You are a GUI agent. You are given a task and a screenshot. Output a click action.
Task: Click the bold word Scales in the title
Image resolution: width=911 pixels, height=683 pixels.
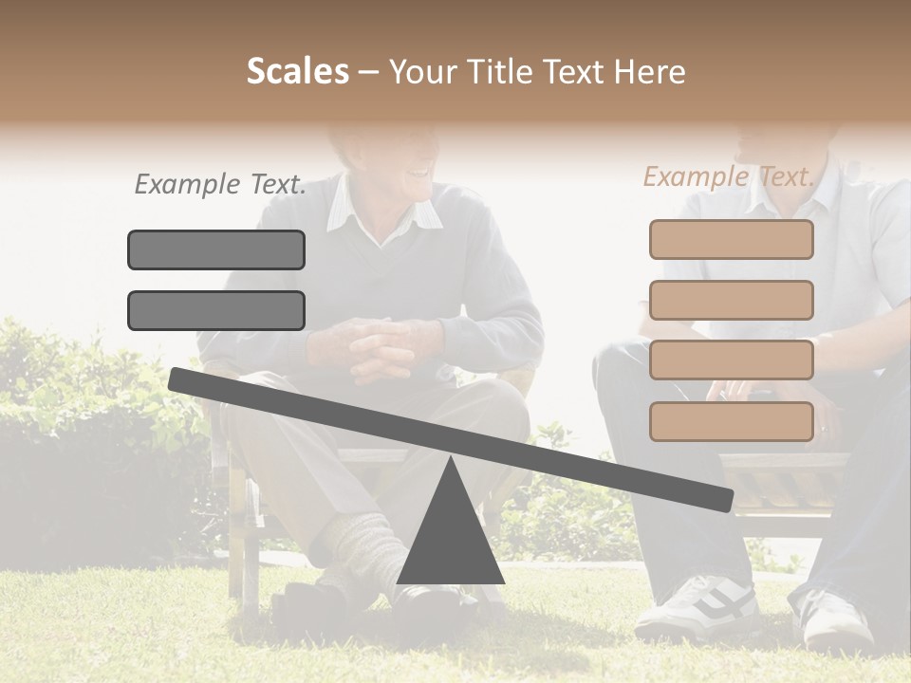pyautogui.click(x=298, y=71)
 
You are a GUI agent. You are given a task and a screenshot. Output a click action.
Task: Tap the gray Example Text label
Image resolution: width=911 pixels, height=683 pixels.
pyautogui.click(x=220, y=185)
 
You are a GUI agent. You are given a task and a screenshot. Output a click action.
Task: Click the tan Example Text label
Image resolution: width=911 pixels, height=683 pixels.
pyautogui.click(x=729, y=176)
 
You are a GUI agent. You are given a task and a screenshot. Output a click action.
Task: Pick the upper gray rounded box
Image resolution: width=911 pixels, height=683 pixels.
pyautogui.click(x=216, y=249)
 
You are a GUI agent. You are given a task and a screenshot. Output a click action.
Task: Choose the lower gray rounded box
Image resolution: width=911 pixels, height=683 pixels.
pyautogui.click(x=216, y=310)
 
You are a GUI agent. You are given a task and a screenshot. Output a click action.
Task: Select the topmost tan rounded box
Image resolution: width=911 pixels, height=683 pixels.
pyautogui.click(x=732, y=240)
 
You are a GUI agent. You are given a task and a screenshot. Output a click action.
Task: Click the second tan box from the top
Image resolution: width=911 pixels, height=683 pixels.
pyautogui.click(x=732, y=300)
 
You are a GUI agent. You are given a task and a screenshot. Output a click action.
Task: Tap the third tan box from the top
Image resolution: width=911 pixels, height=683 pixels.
pyautogui.click(x=732, y=360)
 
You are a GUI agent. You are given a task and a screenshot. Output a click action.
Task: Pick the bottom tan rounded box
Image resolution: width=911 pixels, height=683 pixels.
pyautogui.click(x=732, y=421)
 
